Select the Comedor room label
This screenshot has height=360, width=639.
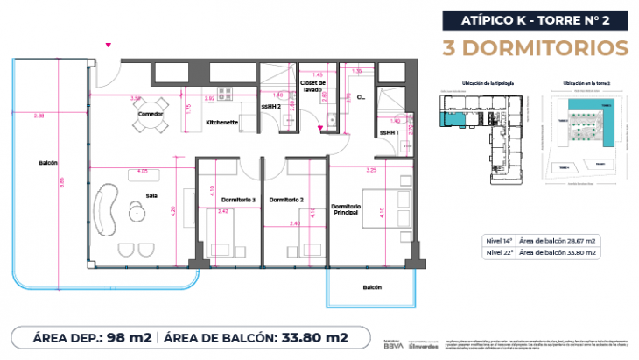151,114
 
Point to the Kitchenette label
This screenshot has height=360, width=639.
222,122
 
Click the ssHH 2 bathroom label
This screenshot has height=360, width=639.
272,108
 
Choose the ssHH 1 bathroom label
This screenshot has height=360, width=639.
390,132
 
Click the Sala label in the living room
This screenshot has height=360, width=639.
151,196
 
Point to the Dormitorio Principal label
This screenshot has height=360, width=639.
347,209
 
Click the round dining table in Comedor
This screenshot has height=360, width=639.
151,126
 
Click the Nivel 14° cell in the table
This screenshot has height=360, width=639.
498,240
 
